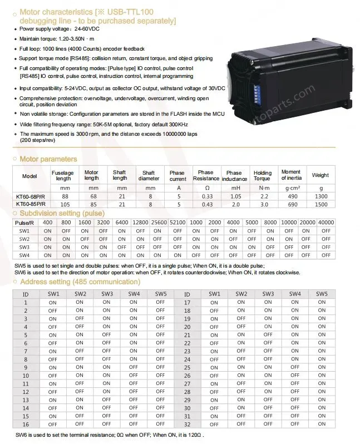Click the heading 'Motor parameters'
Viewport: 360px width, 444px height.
(x=48, y=159)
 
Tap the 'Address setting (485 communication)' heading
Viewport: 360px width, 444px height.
(x=80, y=282)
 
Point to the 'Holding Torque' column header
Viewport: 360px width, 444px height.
(x=262, y=176)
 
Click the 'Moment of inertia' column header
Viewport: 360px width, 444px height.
(x=291, y=175)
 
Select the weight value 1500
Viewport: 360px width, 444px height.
(x=320, y=204)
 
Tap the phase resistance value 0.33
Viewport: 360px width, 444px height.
(x=207, y=196)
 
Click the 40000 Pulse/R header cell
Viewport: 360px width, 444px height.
(x=326, y=223)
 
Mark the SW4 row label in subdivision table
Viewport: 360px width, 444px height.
(x=24, y=255)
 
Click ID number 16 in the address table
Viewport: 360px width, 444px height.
(x=25, y=424)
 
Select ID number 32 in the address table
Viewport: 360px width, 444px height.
(x=187, y=424)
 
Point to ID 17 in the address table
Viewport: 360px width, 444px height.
(x=187, y=303)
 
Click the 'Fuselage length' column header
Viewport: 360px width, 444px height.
(x=62, y=176)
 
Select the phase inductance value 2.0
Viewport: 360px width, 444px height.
(x=234, y=204)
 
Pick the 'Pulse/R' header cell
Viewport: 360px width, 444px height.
(x=24, y=223)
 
